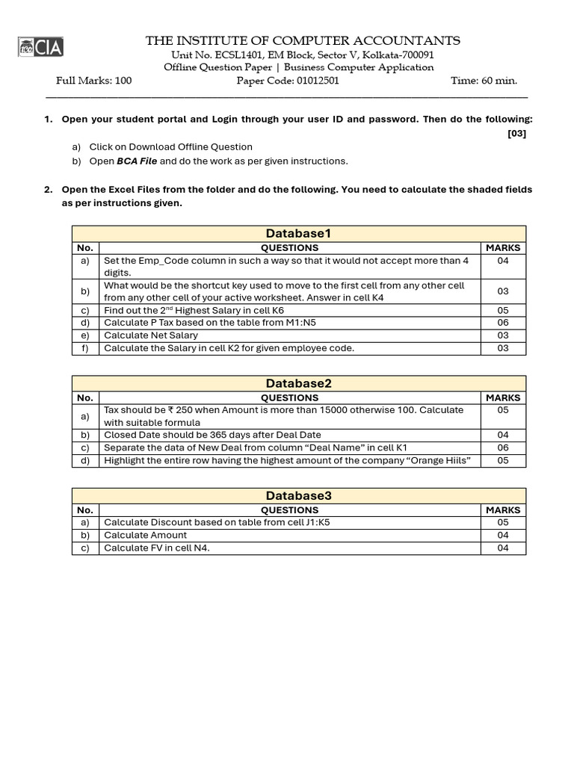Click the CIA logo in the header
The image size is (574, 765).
pos(41,48)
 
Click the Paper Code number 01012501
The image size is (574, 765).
pos(318,81)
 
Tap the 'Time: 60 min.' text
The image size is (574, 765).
pos(484,81)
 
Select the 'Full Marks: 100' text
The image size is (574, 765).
pos(94,81)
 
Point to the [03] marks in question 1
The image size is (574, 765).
pos(516,134)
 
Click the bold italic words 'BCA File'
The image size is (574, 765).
pos(137,161)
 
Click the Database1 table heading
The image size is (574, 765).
pos(298,234)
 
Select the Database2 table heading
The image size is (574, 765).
pos(298,383)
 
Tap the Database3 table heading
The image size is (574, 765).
pos(298,496)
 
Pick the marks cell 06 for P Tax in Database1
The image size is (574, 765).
pos(503,323)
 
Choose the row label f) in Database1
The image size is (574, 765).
pos(85,348)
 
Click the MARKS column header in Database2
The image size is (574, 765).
pos(503,398)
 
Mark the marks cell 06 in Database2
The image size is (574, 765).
pos(503,447)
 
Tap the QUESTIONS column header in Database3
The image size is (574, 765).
pos(289,510)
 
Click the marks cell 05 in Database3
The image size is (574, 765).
pos(503,523)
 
